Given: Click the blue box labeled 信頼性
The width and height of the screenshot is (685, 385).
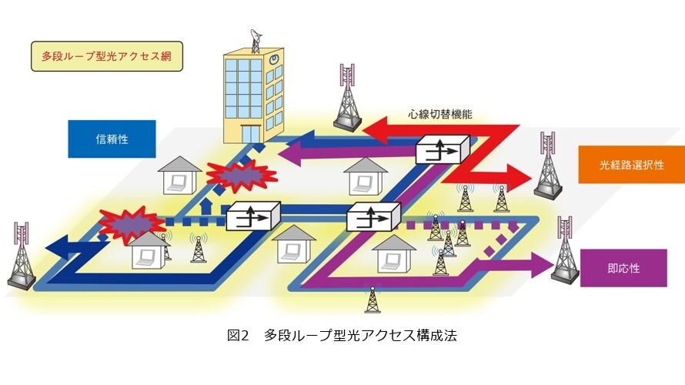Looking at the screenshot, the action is (112, 139).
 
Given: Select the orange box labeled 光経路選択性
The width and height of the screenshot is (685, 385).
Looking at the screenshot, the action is (631, 165).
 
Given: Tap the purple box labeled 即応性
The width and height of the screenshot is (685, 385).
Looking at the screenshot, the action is (623, 268).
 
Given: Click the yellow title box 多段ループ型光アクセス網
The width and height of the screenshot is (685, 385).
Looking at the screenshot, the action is (106, 56).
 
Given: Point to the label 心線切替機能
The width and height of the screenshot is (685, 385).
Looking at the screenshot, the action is (440, 115).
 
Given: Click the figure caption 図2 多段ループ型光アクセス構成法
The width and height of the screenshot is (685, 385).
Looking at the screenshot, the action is (342, 335).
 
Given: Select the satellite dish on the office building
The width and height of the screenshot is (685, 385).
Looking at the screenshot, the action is (256, 40).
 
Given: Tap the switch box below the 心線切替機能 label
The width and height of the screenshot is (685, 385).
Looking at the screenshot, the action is (443, 149).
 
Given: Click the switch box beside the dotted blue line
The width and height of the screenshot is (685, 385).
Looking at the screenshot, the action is (253, 216).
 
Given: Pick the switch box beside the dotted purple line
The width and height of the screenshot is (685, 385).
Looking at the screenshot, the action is (373, 216).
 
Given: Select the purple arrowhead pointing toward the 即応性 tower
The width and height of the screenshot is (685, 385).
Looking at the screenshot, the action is (542, 264).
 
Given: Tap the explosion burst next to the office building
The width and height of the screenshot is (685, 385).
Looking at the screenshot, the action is (241, 176).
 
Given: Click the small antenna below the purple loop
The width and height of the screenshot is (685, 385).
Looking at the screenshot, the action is (373, 300).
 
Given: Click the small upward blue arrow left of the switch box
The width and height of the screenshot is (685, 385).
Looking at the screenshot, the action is (204, 207).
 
